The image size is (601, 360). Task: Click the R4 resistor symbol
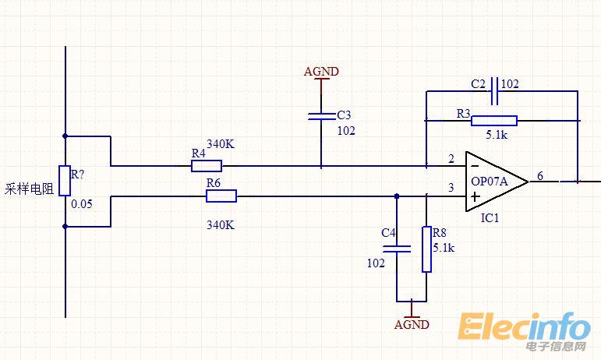pos(207,165)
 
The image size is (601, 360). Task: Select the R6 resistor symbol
pos(221,196)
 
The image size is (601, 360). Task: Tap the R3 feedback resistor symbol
pos(494,120)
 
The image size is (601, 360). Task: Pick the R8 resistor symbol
pos(426,249)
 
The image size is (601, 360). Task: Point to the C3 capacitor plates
pos(321,116)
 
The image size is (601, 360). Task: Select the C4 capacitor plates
pos(397,249)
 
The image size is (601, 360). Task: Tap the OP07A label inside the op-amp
pos(489,181)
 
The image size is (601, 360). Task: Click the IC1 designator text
pos(490,218)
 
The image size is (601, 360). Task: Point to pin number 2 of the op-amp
pos(451,159)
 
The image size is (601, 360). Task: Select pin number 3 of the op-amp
pos(451,188)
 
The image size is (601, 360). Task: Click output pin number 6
pos(539,176)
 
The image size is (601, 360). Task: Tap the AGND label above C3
pos(321,72)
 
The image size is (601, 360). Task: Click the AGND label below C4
pos(412,324)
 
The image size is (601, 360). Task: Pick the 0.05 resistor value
pos(81,203)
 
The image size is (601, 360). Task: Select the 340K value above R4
pos(220,144)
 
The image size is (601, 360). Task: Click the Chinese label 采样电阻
pos(29,189)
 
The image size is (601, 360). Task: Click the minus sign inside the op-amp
pos(475,166)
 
